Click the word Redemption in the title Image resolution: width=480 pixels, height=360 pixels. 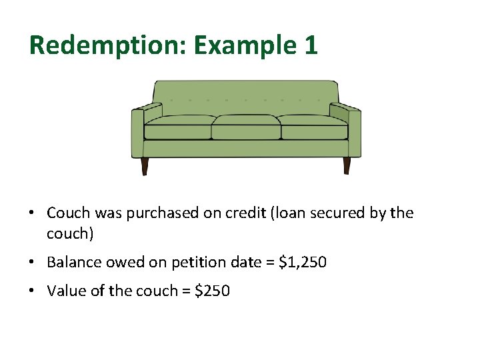pos(108,45)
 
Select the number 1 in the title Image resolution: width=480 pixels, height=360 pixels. pos(311,45)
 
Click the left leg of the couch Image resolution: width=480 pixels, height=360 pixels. pos(145,166)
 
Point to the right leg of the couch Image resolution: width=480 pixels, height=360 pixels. pos(347,165)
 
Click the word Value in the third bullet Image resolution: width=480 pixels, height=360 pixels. pos(65,291)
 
